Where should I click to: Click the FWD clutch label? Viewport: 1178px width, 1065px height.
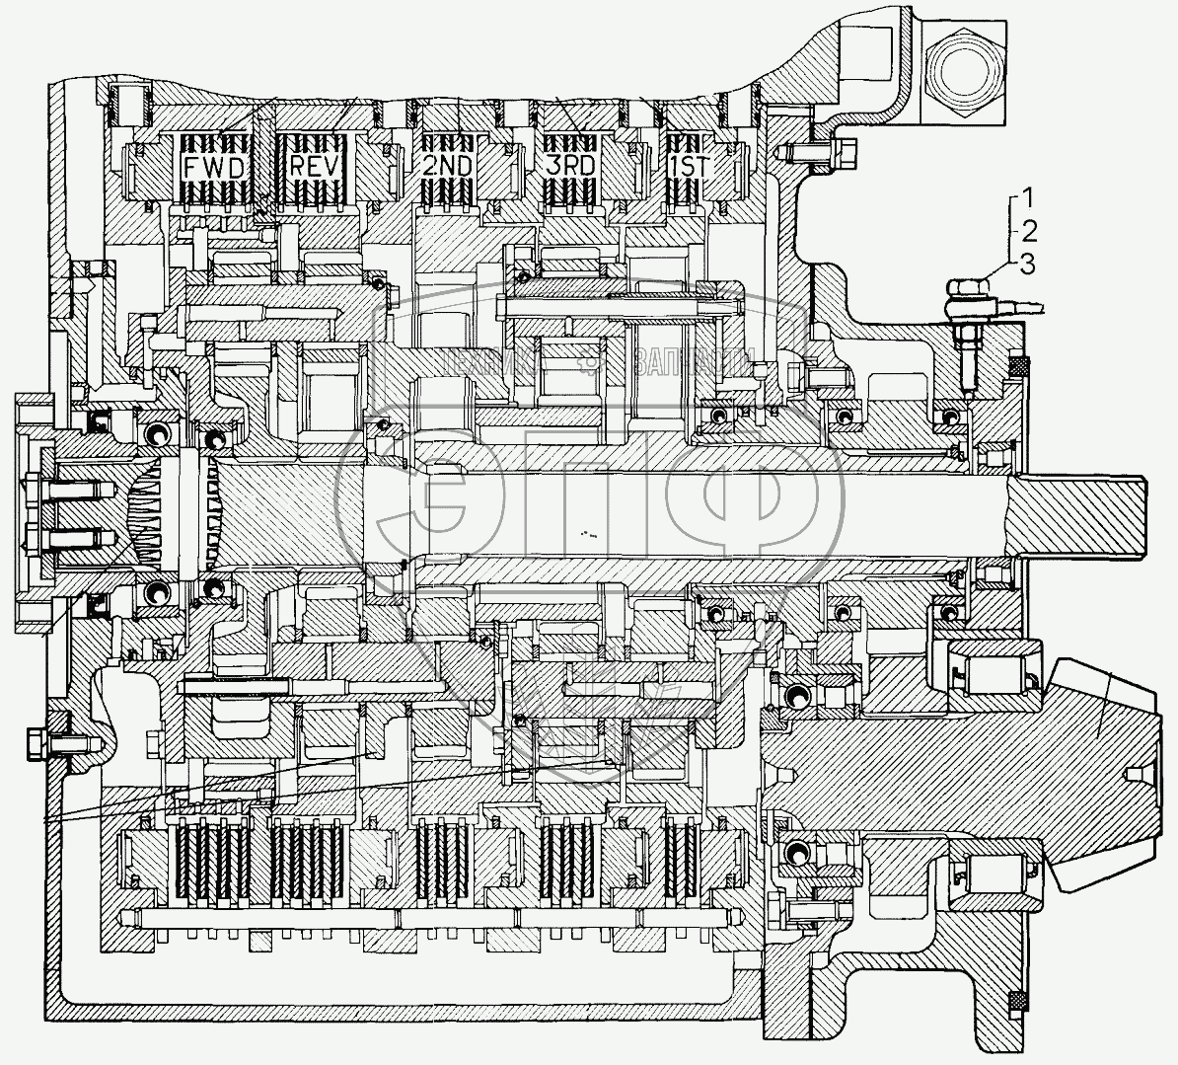click(214, 166)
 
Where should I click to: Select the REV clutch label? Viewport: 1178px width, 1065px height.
click(315, 166)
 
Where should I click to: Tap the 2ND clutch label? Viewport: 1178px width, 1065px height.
click(447, 166)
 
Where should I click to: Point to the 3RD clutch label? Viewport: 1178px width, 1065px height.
click(569, 166)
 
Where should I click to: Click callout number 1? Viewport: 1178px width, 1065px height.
click(1028, 192)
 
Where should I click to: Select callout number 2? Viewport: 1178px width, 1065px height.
click(1028, 232)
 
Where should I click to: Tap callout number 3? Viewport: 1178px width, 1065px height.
click(1028, 263)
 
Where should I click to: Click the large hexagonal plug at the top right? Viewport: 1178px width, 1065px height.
click(962, 72)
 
